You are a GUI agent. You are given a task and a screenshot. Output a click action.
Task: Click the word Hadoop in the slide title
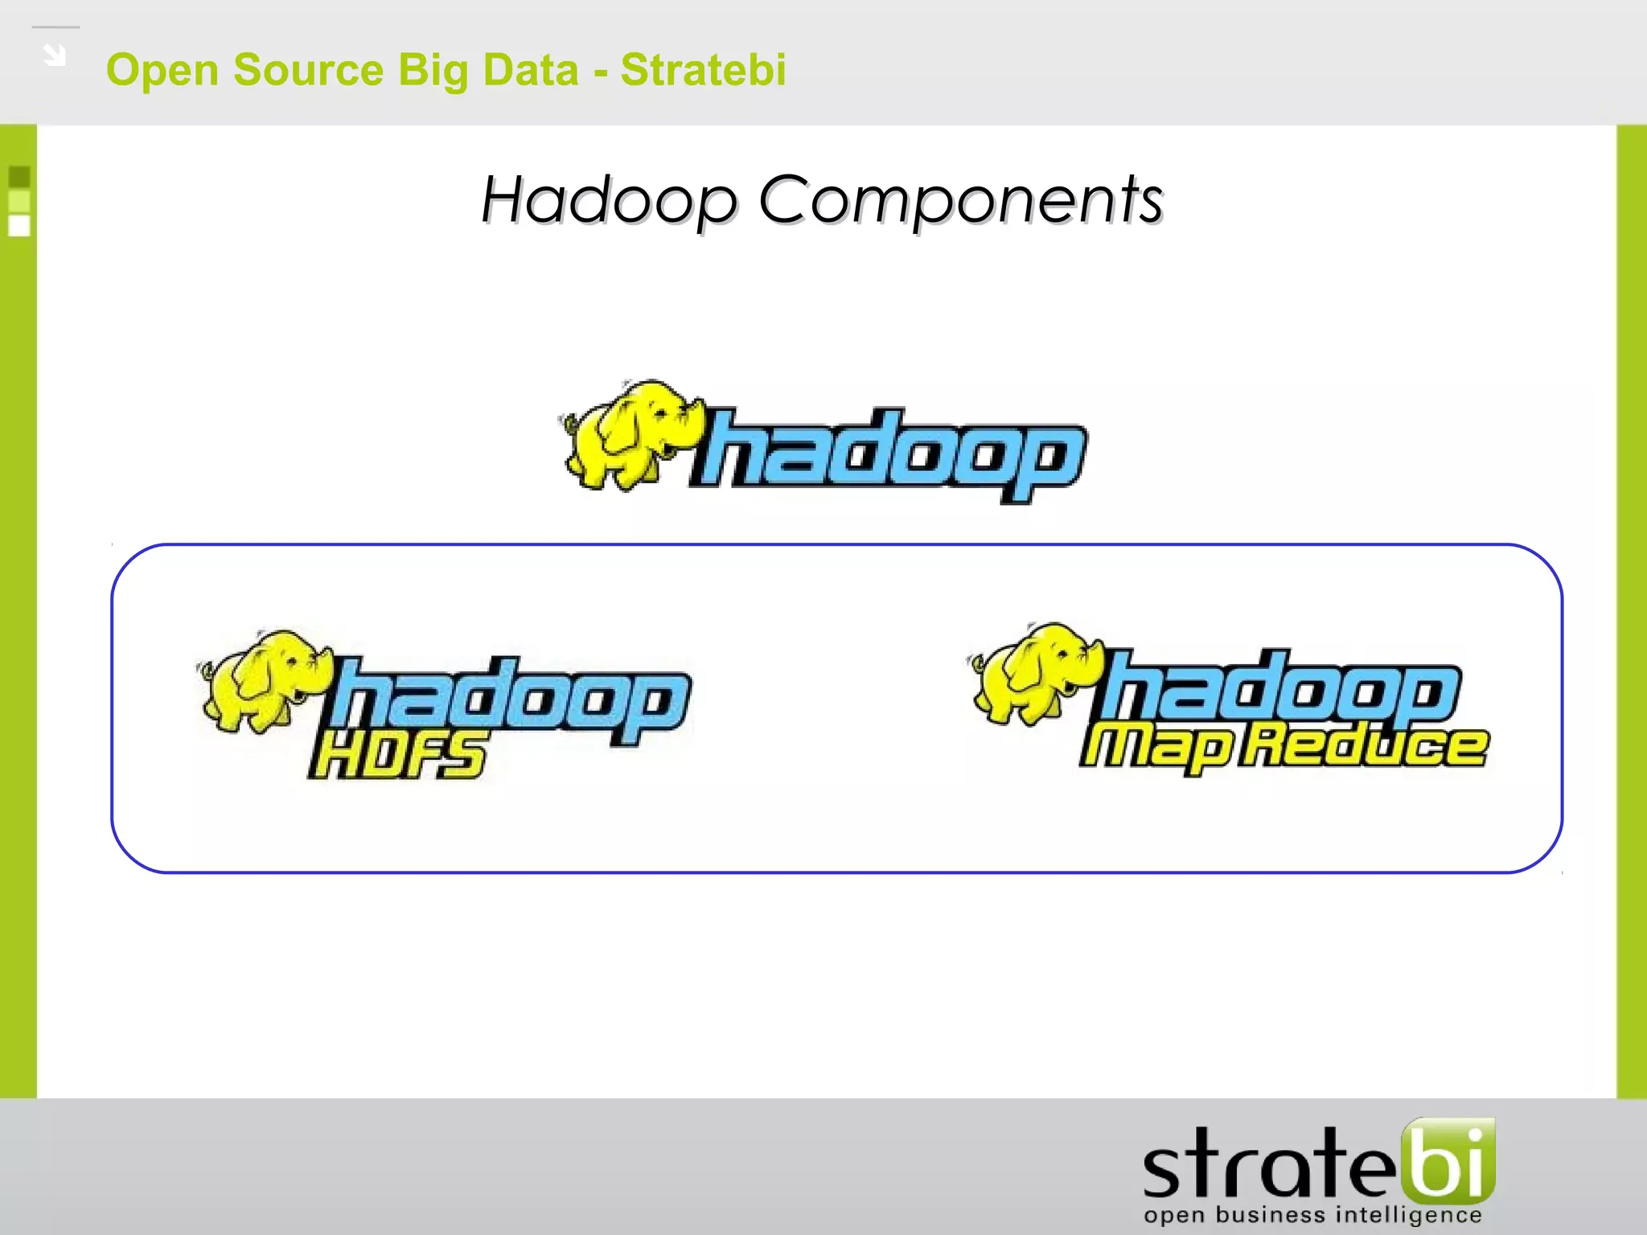coord(609,201)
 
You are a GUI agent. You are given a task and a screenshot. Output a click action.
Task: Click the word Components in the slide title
coord(960,201)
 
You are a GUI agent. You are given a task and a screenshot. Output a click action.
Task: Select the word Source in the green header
coord(308,70)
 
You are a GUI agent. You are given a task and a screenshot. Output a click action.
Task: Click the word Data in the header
coord(531,70)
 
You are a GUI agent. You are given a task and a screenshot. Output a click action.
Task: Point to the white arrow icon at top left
coord(55,55)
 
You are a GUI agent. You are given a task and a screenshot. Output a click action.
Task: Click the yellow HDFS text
coord(397,756)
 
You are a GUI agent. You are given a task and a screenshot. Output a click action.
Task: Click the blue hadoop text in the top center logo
coord(889,454)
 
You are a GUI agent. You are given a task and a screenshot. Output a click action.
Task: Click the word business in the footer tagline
coord(1270,1214)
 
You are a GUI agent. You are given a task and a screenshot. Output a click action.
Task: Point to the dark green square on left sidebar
coord(19,176)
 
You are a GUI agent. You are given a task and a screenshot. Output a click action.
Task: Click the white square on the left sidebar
coord(19,226)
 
